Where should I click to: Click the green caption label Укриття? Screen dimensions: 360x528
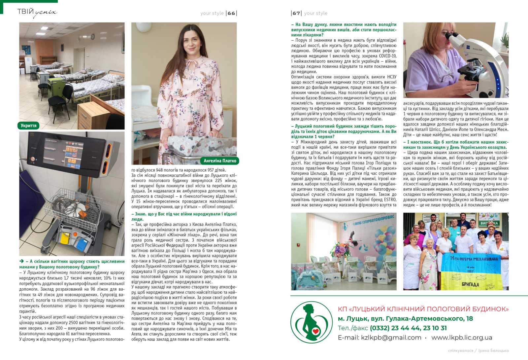pos(28,126)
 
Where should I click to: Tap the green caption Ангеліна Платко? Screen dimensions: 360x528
pos(220,161)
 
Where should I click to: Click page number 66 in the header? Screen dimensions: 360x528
pos(231,13)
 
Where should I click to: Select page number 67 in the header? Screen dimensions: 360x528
pos(296,13)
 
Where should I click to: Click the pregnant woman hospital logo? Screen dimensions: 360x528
pos(311,322)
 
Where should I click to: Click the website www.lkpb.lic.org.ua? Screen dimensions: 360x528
pos(462,338)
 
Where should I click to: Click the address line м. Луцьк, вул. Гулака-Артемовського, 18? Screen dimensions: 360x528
pos(405,319)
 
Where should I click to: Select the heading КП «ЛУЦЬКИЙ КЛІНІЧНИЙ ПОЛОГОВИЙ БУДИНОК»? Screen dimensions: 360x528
pos(423,309)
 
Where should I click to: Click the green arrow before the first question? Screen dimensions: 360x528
pos(21,261)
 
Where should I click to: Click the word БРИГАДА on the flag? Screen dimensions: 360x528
pos(471,284)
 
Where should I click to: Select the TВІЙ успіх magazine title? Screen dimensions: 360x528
pos(37,13)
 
